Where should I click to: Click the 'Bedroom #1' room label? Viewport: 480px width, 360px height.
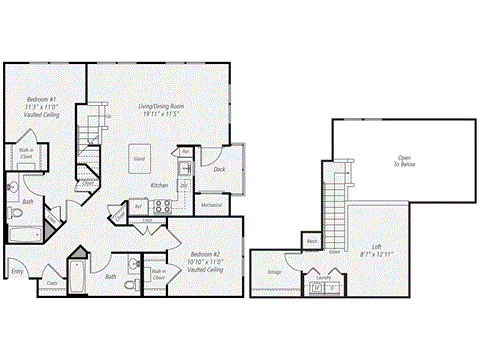click(37, 100)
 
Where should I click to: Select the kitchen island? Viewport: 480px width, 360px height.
click(142, 160)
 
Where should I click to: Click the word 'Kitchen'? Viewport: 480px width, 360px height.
click(158, 186)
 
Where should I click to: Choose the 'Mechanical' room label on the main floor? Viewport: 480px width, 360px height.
click(211, 205)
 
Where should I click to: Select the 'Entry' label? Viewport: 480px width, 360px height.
click(17, 271)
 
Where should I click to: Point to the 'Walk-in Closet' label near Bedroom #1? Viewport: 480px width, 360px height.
click(26, 154)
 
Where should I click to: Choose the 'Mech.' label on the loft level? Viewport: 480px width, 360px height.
click(312, 241)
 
